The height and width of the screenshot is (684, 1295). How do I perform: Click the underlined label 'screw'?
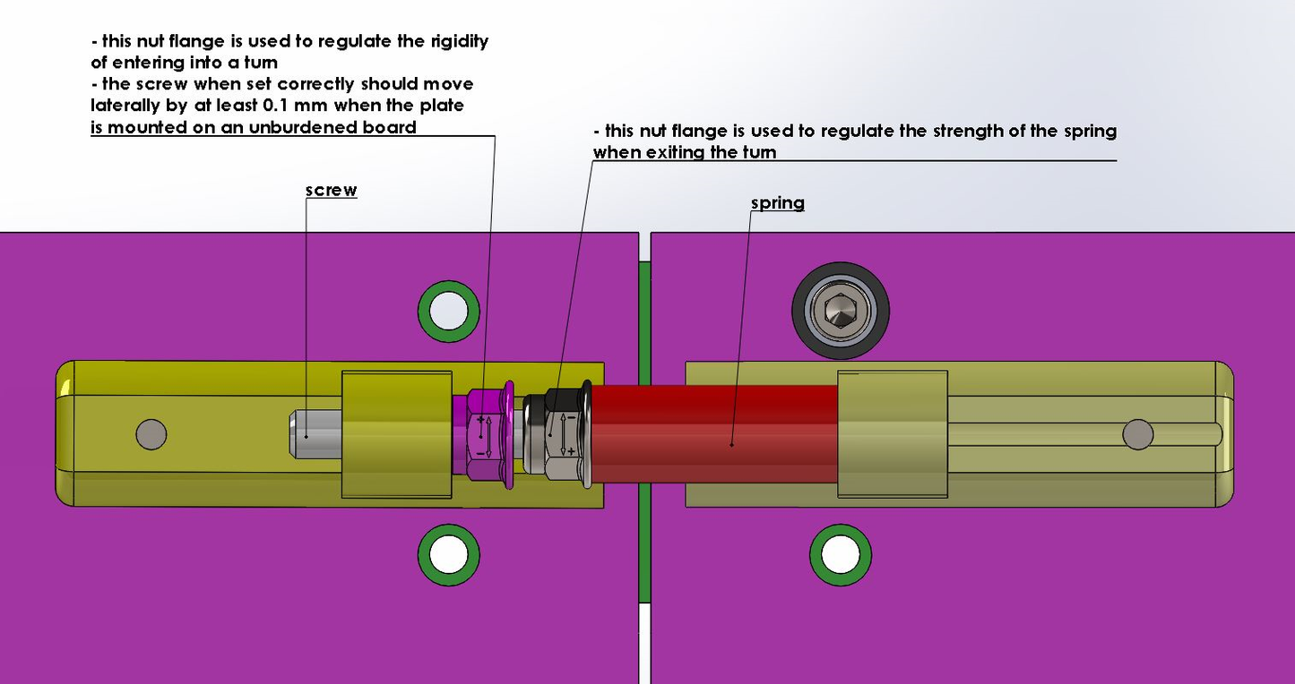point(331,190)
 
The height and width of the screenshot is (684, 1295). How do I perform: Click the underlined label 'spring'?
point(777,203)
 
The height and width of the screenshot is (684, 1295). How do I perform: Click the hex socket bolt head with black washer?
point(840,311)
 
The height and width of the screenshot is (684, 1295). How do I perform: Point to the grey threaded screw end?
point(314,434)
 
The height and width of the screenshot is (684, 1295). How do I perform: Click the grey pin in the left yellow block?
point(151,434)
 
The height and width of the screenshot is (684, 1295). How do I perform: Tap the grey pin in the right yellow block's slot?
point(1138,434)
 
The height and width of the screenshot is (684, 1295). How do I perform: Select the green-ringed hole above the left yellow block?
point(448,311)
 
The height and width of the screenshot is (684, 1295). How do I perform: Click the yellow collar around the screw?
point(395,434)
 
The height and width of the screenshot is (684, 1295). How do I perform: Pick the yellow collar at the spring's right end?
point(892,434)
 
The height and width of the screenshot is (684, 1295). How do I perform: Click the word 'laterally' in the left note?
point(125,106)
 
